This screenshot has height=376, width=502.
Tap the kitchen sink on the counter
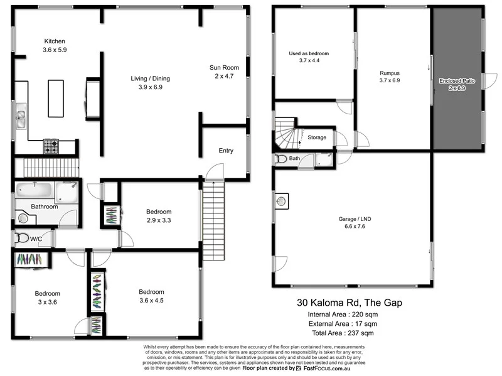tap(21, 118)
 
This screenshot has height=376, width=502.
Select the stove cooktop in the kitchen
tap(50, 147)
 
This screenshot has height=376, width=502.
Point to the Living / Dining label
tap(150, 78)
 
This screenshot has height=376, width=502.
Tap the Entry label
tap(225, 151)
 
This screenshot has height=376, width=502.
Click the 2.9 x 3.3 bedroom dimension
tap(159, 220)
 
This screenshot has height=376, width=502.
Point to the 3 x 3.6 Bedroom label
tap(48, 294)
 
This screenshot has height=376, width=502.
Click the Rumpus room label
tap(389, 73)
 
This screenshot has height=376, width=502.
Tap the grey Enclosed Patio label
tap(457, 81)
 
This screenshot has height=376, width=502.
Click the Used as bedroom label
tap(309, 53)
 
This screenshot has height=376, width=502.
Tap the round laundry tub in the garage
tap(282, 201)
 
